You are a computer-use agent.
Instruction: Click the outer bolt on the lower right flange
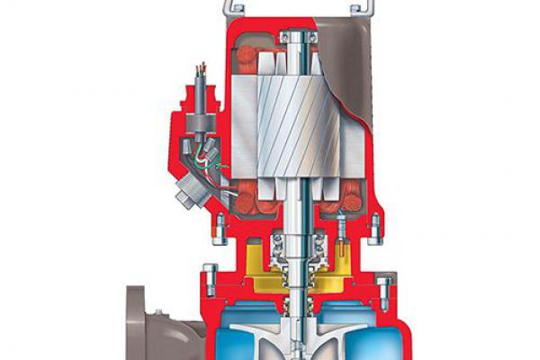point(383,288)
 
